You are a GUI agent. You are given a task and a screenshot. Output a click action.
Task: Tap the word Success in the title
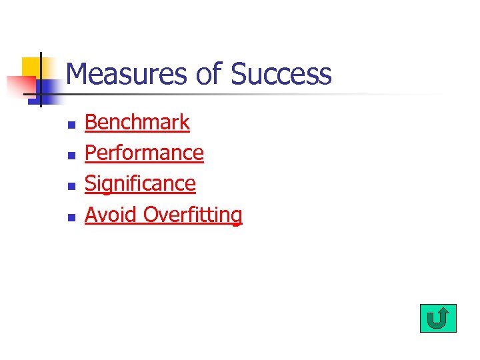[281, 74]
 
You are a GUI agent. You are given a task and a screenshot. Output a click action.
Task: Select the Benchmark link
[137, 123]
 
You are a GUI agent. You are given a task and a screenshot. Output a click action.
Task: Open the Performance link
[144, 153]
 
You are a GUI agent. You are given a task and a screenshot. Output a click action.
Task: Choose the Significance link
[140, 184]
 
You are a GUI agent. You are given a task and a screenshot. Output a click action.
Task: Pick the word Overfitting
[193, 215]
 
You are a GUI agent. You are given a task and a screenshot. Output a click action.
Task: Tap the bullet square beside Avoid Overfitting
[71, 217]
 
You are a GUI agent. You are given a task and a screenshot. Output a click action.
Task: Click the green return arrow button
[438, 318]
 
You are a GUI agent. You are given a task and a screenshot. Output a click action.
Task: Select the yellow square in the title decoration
[32, 67]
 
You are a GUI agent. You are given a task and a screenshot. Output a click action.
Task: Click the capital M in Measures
[77, 74]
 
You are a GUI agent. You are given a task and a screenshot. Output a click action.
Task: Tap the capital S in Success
[239, 74]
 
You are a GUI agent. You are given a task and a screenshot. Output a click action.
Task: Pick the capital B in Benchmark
[91, 123]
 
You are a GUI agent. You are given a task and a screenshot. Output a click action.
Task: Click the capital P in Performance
[91, 153]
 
